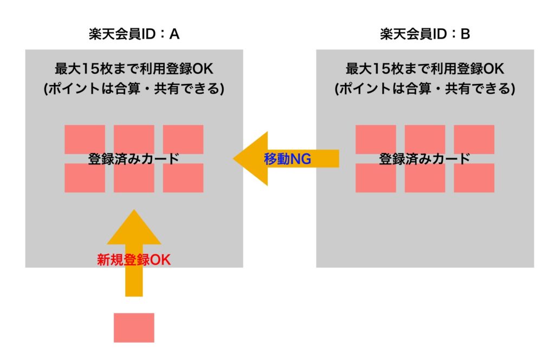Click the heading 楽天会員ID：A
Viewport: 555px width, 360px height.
(x=134, y=35)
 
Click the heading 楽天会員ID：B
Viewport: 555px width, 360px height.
(x=425, y=35)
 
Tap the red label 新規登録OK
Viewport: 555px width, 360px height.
(x=133, y=260)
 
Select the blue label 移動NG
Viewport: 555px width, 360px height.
(x=287, y=159)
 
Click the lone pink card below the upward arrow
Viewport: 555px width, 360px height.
(x=134, y=327)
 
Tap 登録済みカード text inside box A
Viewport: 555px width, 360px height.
(x=134, y=159)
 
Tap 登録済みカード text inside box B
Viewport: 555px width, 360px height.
(x=425, y=159)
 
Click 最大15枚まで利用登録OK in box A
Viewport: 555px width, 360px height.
(x=134, y=70)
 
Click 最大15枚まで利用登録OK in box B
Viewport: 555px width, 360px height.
(x=425, y=70)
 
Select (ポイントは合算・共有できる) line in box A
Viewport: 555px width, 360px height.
(x=134, y=89)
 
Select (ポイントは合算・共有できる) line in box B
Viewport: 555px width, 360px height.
(x=425, y=89)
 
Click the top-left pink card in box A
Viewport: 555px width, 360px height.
(x=85, y=138)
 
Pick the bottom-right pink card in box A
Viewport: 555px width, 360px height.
(x=183, y=179)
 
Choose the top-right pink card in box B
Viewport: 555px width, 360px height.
(x=474, y=138)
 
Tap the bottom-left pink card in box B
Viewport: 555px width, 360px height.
(x=376, y=179)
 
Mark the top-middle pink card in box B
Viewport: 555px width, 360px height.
(x=425, y=138)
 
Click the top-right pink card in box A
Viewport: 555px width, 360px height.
(x=183, y=138)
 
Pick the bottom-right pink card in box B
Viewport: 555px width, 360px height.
(x=474, y=179)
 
